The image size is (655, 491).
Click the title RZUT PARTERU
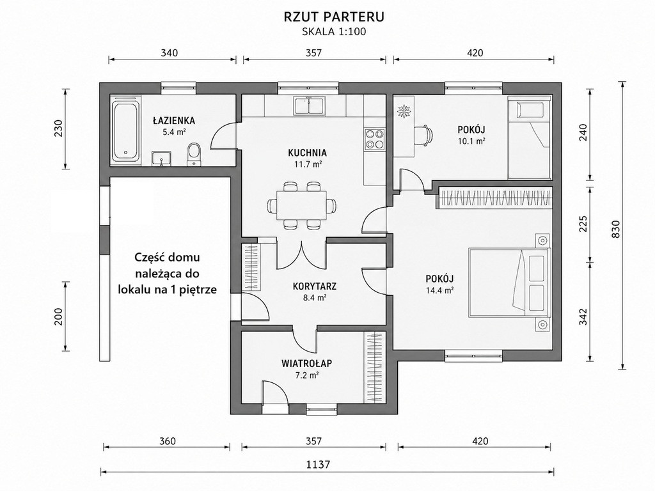334,17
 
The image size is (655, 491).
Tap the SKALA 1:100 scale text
334,32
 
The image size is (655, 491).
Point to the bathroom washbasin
162,159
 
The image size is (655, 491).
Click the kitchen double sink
309,105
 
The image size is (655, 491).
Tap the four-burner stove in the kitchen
374,139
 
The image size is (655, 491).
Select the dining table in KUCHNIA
302,205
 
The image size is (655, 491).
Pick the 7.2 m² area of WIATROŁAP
307,375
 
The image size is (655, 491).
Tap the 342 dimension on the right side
583,316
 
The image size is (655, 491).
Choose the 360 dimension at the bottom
168,441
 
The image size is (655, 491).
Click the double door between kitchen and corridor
301,256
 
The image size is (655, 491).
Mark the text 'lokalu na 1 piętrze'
168,290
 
